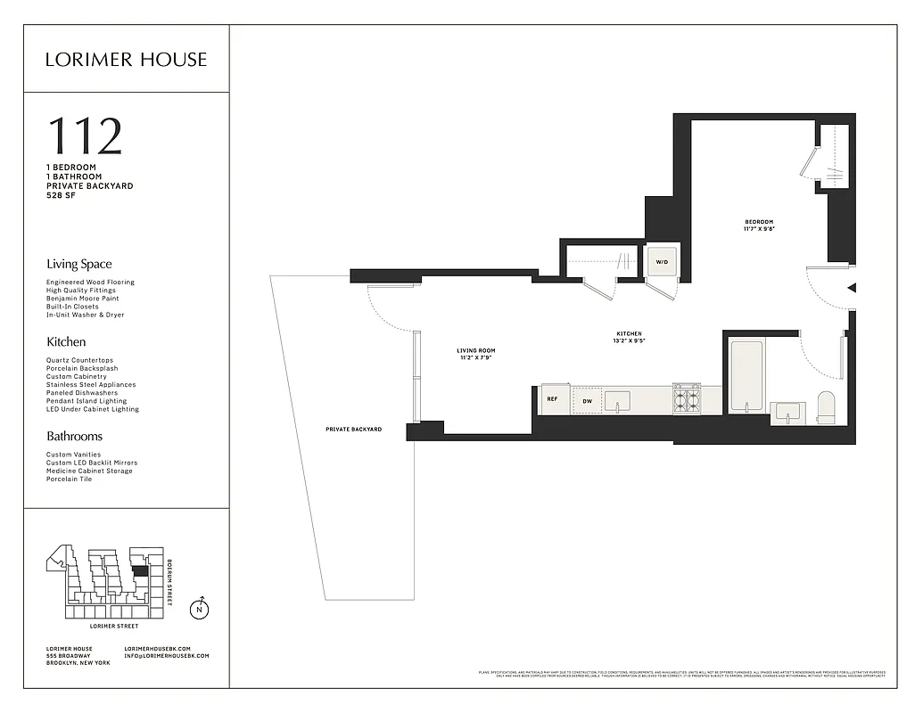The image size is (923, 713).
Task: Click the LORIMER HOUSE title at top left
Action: pos(126,60)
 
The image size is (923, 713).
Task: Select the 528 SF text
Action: pos(62,194)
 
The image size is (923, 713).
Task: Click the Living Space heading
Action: pos(79,264)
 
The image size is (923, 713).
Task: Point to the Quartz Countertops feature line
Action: pos(79,361)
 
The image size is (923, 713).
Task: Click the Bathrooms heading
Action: pos(74,436)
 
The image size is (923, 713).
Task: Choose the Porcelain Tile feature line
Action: pos(69,479)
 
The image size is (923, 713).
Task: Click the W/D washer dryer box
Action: pos(662,262)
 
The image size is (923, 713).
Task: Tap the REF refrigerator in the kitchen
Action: pos(553,400)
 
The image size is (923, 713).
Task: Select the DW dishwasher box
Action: pos(587,401)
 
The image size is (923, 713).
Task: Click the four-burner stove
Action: pos(686,399)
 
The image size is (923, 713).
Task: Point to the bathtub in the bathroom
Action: pos(746,376)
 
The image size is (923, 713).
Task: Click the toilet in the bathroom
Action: pos(827,406)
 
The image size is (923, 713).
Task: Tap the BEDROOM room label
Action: pos(759,222)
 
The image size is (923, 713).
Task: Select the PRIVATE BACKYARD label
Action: pos(353,430)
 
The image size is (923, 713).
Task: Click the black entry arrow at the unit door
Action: pos(851,288)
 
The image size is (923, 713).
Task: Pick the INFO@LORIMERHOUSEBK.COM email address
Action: pos(166,656)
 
